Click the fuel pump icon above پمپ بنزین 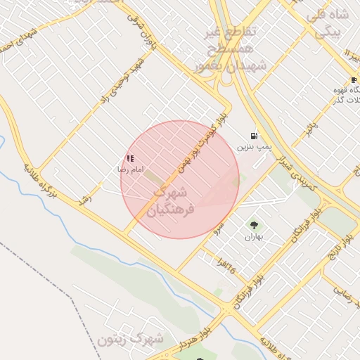(253, 136)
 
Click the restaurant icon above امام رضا (129, 159)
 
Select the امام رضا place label (130, 169)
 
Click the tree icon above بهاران (253, 226)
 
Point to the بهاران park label (253, 237)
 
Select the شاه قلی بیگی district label (327, 24)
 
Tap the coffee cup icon (353, 80)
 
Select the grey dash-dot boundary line (42, 267)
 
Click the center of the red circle (180, 179)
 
